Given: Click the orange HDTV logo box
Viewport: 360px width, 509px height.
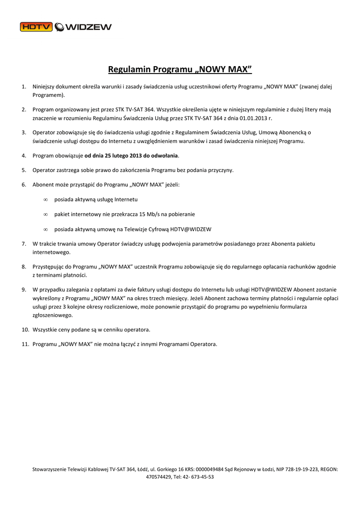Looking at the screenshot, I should click(36, 27).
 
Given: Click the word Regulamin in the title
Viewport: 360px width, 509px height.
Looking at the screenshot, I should click(129, 69).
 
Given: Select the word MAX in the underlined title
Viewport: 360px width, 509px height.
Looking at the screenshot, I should click(237, 69).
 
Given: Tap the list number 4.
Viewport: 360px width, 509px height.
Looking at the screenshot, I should click(24, 156).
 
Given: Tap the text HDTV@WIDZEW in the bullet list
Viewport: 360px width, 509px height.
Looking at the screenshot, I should click(191, 229).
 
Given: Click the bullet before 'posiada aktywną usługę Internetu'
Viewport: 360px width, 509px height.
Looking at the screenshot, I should click(45, 199).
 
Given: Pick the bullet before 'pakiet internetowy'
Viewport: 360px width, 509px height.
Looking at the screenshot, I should click(45, 214).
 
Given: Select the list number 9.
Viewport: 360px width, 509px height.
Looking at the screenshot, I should click(24, 289).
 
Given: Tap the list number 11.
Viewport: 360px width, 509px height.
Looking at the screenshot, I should click(25, 344).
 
